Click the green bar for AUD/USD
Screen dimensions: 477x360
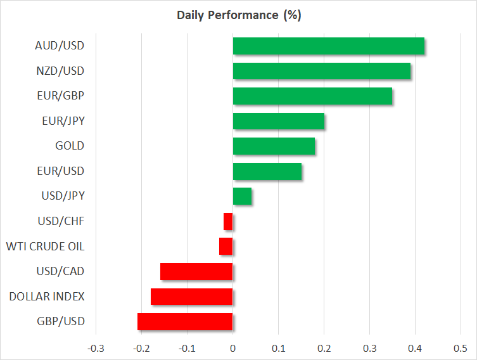[x=329, y=46]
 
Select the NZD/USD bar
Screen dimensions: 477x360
[x=322, y=71]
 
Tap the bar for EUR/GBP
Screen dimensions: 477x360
[x=312, y=96]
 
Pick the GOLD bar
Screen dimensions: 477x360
[x=274, y=146]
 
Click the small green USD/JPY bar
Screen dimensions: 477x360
[x=242, y=196]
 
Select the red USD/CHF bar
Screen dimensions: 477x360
[x=228, y=222]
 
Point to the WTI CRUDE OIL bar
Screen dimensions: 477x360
[x=226, y=247]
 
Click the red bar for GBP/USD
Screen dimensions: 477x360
[x=185, y=322]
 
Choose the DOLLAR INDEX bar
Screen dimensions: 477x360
[x=192, y=297]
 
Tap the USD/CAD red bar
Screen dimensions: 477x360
[x=196, y=271]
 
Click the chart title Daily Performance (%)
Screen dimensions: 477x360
[x=239, y=15]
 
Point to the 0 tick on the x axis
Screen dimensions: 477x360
[x=232, y=348]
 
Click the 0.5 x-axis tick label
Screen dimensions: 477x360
[x=461, y=348]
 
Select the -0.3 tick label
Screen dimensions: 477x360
[x=96, y=348]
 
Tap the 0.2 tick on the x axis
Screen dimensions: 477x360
[x=324, y=348]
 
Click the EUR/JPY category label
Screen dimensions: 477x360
[x=63, y=121]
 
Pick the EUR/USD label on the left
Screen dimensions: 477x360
[x=61, y=171]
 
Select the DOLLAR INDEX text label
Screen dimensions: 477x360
[x=47, y=297]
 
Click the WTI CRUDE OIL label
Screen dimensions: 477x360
[x=46, y=247]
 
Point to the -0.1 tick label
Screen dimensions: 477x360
[x=187, y=348]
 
